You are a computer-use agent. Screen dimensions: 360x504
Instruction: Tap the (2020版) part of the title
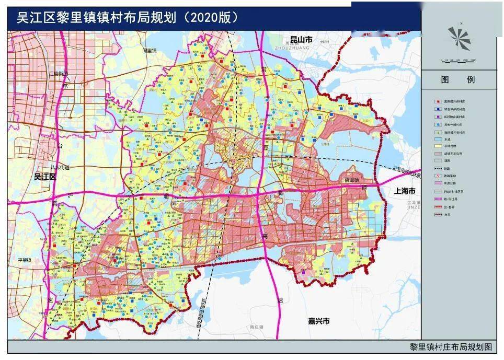coord(209,17)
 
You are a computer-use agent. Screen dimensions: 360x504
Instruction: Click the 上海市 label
coord(404,191)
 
